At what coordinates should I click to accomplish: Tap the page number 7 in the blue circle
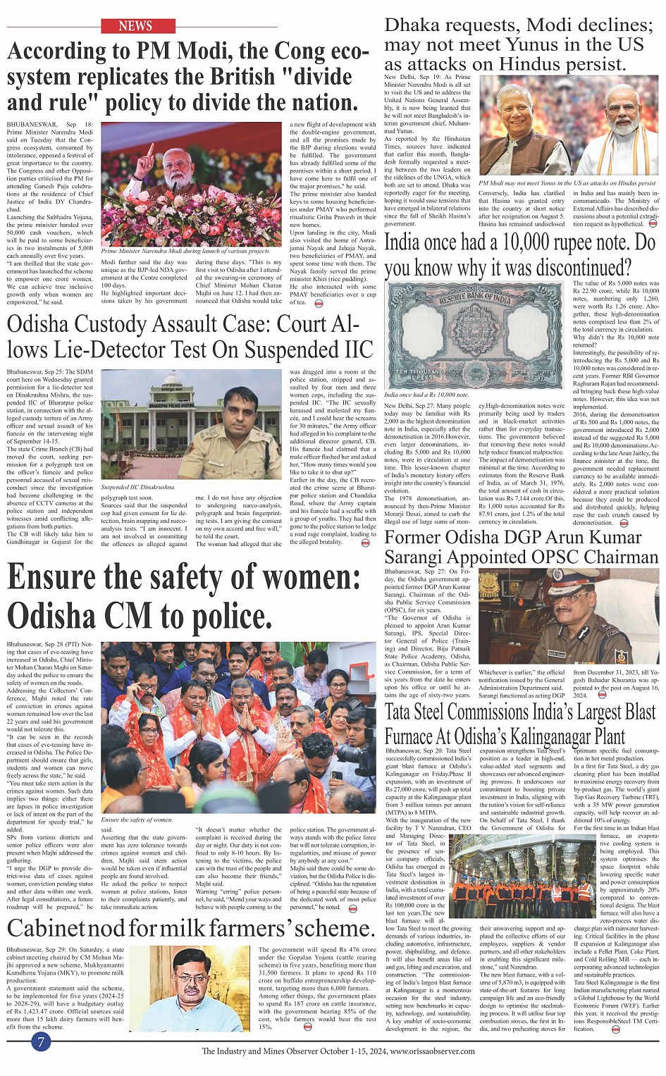tap(42, 1041)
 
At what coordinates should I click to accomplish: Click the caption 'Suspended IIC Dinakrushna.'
tap(138, 487)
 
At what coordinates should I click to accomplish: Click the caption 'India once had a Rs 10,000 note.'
tap(426, 395)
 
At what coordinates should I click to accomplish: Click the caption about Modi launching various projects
tap(185, 251)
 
